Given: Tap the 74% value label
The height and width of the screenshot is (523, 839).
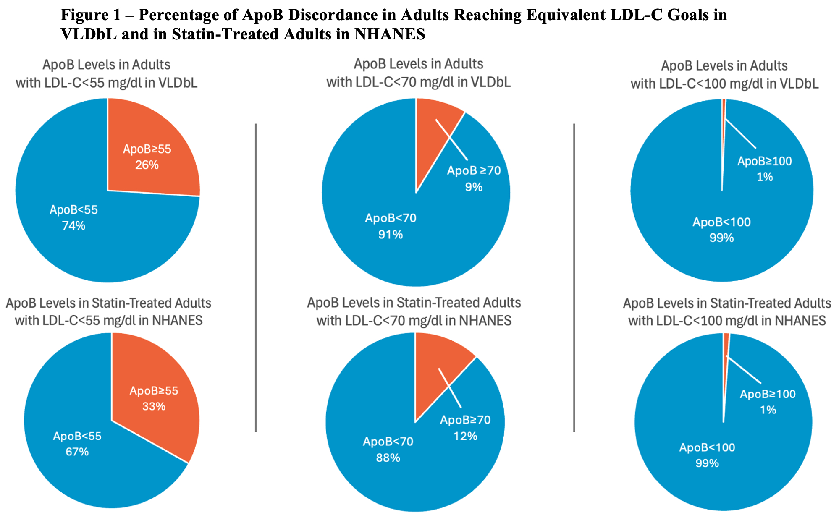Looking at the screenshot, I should (74, 226).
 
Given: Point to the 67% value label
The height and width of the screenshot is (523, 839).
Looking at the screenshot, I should (77, 452).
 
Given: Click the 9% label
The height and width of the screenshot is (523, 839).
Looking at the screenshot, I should (474, 187).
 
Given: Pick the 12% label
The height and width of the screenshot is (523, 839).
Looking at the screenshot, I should (465, 437).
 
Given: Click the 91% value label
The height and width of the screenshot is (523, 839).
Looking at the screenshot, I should (391, 235).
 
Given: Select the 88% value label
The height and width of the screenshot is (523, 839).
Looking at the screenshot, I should (388, 458).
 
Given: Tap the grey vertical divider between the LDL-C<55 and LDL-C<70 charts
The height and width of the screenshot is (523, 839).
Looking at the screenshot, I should (256, 277).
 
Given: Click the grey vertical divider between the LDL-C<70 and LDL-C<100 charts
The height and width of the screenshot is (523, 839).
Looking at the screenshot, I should (574, 277).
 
